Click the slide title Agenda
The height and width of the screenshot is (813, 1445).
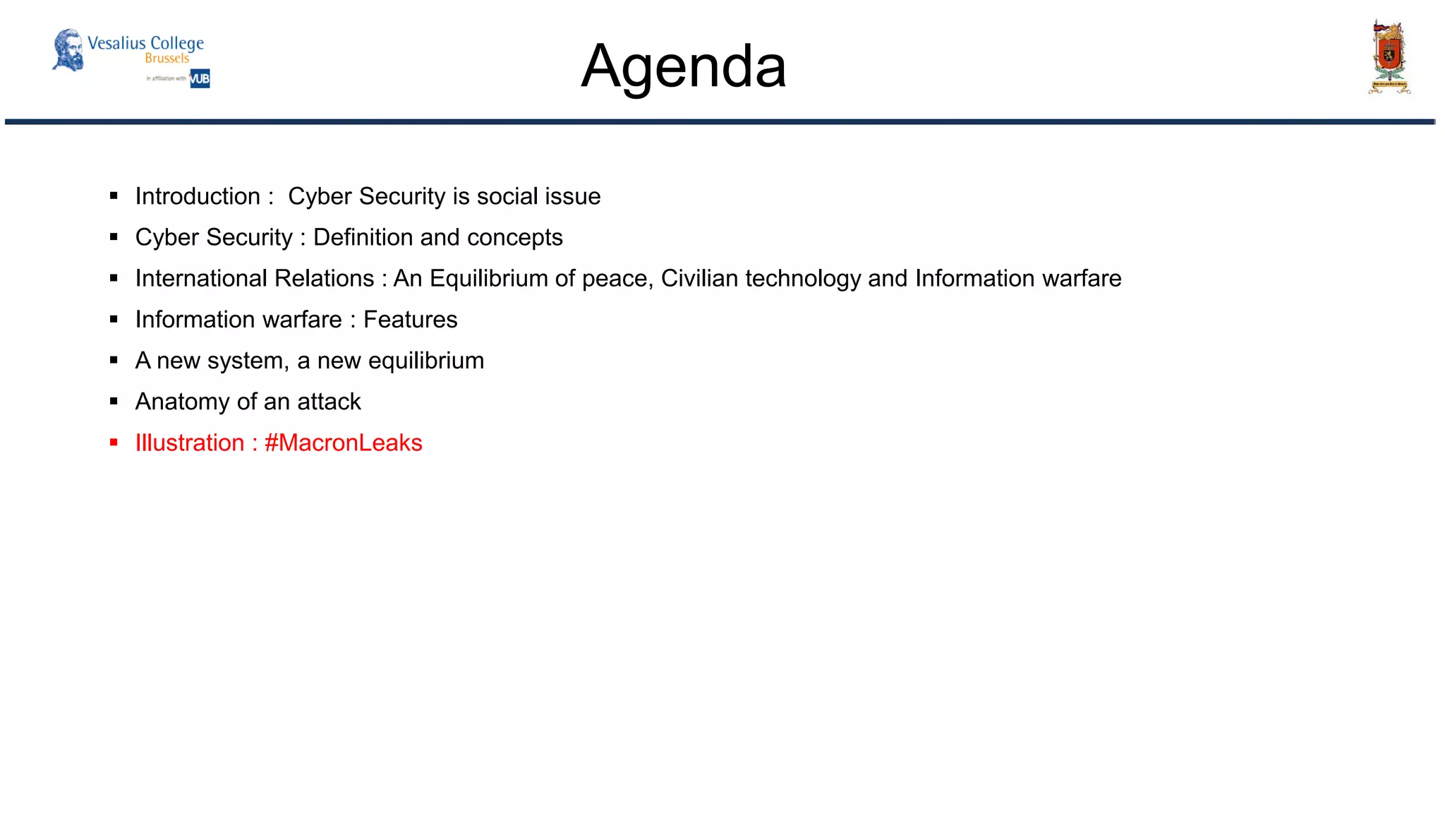coord(683,66)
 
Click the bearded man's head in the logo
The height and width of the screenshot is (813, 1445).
coord(68,49)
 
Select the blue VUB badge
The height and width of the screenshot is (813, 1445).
coord(200,78)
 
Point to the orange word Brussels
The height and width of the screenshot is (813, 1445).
coord(167,59)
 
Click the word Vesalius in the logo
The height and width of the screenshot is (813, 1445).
coord(116,43)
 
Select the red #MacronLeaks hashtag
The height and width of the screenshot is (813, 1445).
coord(343,442)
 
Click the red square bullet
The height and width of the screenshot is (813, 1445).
coord(114,443)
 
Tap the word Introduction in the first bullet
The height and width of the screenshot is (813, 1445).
coord(198,196)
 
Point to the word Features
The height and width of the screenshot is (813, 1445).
coord(410,320)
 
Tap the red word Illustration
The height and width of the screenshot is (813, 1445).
coord(190,442)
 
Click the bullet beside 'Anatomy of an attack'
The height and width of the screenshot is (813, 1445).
coord(114,402)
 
